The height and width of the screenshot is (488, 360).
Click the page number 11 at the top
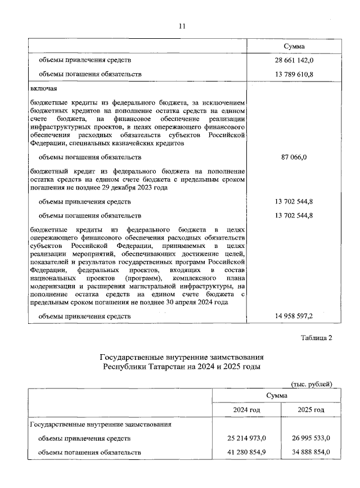tap(181, 26)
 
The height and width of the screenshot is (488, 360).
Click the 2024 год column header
tap(246, 410)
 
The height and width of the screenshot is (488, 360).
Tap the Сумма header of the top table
tap(294, 46)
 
